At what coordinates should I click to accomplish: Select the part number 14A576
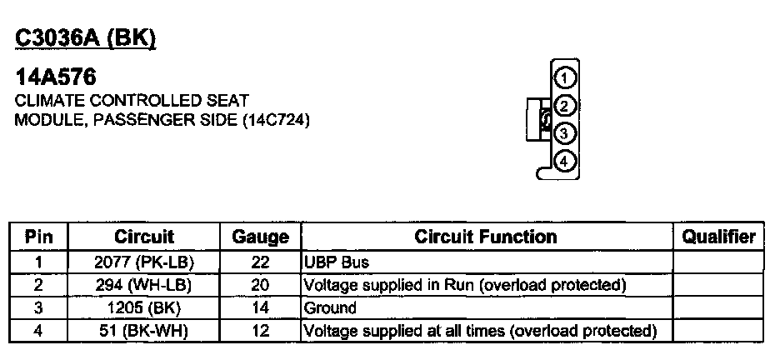tap(56, 78)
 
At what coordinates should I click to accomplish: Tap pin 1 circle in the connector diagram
tap(564, 78)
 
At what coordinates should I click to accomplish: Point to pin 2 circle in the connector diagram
tap(564, 106)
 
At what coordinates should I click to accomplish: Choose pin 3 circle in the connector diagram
tap(564, 133)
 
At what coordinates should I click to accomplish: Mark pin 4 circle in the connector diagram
tap(564, 160)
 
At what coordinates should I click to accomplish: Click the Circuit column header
tap(144, 237)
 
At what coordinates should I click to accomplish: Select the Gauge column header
tap(260, 237)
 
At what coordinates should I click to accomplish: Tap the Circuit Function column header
tap(486, 237)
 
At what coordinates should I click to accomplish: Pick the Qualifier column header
tap(718, 237)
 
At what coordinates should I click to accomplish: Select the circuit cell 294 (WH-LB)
tap(144, 285)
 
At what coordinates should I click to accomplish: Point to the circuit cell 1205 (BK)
tap(144, 307)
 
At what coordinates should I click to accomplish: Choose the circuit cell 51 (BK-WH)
tap(144, 331)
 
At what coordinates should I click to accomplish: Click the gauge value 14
tap(260, 307)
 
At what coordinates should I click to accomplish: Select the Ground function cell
tap(331, 307)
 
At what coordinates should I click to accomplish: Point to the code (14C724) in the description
tap(276, 120)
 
